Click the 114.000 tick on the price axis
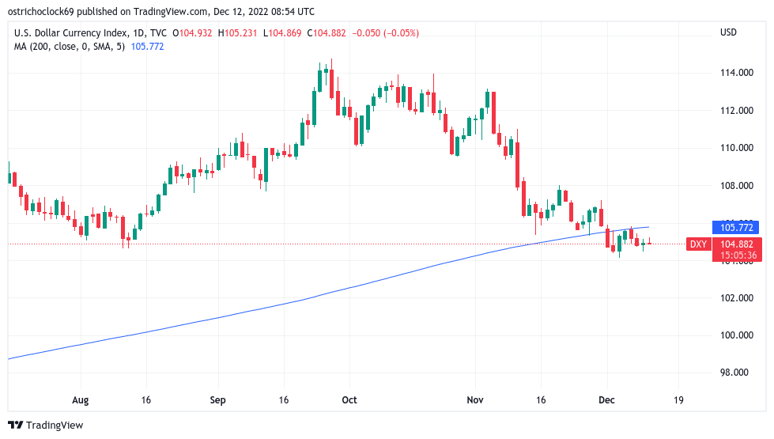coord(735,73)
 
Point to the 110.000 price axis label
coord(735,148)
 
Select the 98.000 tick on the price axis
coord(735,373)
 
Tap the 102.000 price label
coord(735,298)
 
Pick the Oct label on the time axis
coord(349,400)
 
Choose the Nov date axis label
coord(475,400)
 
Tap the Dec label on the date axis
coord(606,400)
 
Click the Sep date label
coord(217,400)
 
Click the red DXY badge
coord(698,244)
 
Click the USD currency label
coord(728,32)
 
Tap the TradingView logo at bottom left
coord(46,426)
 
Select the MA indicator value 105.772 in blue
coord(147,47)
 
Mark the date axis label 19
coord(678,400)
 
